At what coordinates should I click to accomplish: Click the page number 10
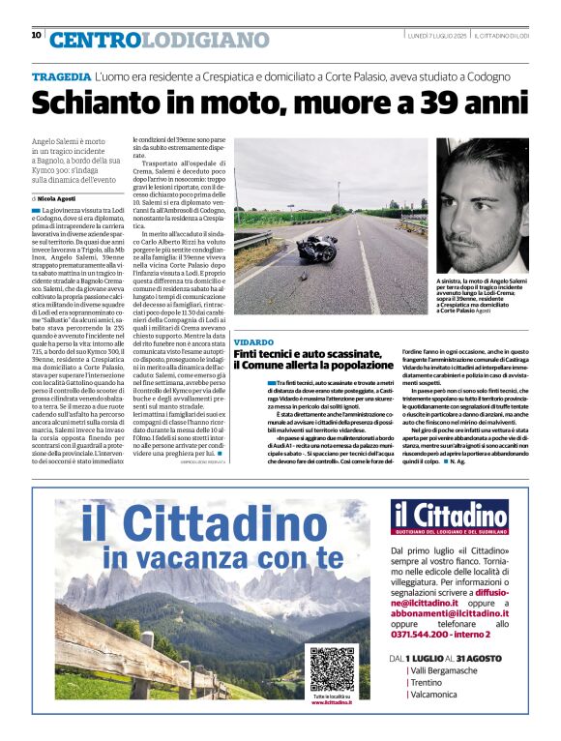(37, 36)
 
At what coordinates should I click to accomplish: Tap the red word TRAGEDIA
(62, 75)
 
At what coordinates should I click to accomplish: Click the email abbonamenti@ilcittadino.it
(450, 613)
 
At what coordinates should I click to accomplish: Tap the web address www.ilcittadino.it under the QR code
(332, 702)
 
